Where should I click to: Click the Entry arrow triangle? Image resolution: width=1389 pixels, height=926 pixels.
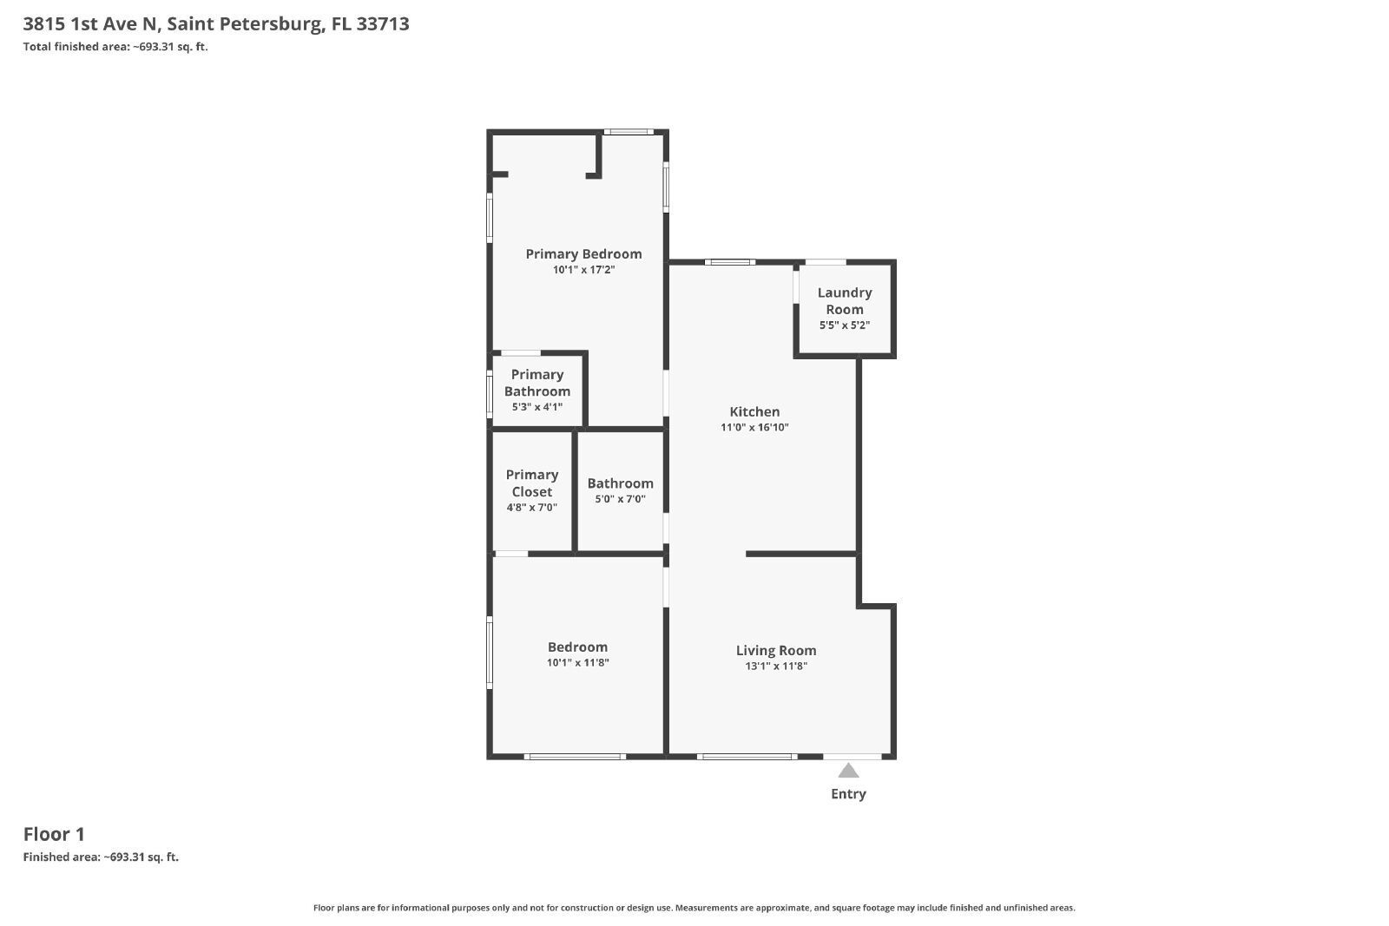(x=848, y=771)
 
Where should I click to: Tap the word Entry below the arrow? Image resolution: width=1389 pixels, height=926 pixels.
(x=848, y=794)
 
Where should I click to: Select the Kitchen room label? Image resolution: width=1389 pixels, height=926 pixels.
(x=754, y=411)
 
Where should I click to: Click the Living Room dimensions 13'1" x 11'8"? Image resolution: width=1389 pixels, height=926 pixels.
(x=776, y=667)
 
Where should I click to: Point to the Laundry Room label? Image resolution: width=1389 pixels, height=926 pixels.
(x=845, y=300)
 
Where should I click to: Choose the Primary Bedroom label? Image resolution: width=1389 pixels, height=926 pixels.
(x=583, y=254)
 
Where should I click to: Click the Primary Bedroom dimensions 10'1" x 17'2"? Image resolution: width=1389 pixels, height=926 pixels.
(x=583, y=270)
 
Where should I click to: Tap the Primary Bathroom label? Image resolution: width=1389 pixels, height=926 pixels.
(x=537, y=383)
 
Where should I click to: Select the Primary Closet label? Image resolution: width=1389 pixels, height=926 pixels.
(x=532, y=483)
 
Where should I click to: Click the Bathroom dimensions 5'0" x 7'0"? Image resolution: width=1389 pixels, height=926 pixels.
(x=620, y=499)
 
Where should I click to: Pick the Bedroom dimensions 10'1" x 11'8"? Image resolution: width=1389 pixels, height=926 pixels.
(x=578, y=662)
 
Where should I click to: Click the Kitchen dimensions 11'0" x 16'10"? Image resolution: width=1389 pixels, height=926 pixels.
(x=754, y=427)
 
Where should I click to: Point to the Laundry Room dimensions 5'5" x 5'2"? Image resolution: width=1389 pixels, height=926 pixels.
(x=845, y=325)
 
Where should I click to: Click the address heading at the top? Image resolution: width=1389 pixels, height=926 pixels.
(x=216, y=23)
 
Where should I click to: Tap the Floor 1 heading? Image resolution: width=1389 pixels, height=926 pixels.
(x=54, y=834)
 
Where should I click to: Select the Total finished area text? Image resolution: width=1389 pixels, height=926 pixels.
(x=115, y=47)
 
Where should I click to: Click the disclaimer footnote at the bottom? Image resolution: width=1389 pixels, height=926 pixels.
(x=694, y=908)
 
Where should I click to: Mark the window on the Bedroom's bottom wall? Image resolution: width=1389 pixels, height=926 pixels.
(x=575, y=757)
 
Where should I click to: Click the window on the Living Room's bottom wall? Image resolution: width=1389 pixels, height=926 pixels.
(x=747, y=757)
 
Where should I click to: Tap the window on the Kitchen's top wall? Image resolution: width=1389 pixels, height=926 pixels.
(x=730, y=262)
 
